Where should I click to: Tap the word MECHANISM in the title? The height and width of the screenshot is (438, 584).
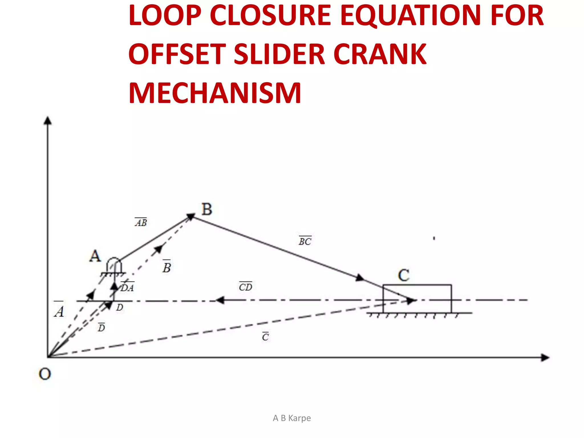(215, 93)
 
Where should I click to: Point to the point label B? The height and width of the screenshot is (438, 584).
(207, 209)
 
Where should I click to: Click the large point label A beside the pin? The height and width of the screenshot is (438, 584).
(95, 256)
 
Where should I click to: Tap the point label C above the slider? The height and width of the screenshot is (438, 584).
(403, 275)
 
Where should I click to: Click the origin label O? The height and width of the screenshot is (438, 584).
(45, 374)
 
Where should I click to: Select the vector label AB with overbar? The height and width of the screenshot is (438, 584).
(141, 222)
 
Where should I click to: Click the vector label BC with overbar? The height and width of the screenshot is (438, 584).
(305, 241)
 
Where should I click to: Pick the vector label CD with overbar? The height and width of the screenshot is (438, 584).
(246, 287)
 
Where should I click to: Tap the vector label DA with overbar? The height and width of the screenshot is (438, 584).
(127, 287)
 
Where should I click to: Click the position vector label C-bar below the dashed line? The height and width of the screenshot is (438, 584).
(265, 337)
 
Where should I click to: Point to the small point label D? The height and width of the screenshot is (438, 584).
(119, 307)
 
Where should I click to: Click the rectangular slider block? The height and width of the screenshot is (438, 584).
(417, 299)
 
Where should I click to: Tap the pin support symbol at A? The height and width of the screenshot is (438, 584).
(114, 266)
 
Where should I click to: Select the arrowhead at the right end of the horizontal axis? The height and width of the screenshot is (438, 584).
(545, 358)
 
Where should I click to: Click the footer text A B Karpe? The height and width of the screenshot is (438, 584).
(292, 418)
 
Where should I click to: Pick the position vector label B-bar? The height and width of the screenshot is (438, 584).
(167, 267)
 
